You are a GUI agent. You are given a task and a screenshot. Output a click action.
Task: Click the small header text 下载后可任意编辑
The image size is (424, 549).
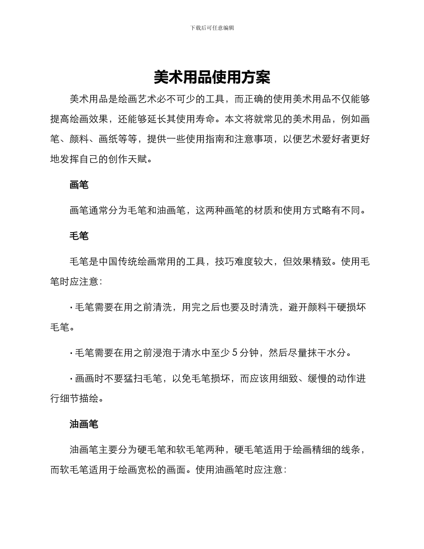pyautogui.click(x=212, y=28)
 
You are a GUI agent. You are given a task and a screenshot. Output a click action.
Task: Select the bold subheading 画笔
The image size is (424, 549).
pyautogui.click(x=79, y=185)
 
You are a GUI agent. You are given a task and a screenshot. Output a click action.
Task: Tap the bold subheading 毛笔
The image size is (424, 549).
pyautogui.click(x=79, y=236)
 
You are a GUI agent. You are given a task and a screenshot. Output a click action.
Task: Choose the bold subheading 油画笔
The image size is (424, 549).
pyautogui.click(x=84, y=424)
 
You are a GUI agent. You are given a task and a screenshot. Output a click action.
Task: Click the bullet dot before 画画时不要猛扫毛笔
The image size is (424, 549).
pyautogui.click(x=71, y=379)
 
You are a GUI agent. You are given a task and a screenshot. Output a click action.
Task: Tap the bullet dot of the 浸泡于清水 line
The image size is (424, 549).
pyautogui.click(x=71, y=353)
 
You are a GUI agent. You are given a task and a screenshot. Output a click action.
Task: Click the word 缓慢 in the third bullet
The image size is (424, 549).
pyautogui.click(x=312, y=379)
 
